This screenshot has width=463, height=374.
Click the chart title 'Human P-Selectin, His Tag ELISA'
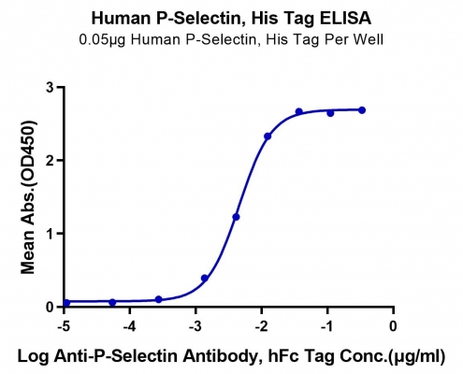[231, 18]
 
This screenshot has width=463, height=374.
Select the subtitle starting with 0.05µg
[231, 39]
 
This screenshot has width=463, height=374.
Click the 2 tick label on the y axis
[50, 160]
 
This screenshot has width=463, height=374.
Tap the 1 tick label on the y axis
[50, 234]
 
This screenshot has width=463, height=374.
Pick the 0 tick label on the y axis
[50, 307]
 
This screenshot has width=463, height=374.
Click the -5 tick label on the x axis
[64, 326]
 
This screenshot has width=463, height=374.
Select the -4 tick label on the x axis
[129, 326]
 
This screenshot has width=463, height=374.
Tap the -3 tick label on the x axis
[195, 326]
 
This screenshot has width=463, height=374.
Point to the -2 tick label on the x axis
[261, 326]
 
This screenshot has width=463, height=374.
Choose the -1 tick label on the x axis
[327, 326]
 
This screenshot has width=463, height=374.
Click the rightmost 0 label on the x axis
[393, 326]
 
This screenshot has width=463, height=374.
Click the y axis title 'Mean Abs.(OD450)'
[28, 197]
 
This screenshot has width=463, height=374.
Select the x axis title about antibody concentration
[231, 356]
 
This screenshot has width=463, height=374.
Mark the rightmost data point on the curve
[362, 110]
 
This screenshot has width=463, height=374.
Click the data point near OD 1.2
[236, 217]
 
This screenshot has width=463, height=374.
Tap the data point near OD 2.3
[268, 137]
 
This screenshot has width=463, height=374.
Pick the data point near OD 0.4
[205, 278]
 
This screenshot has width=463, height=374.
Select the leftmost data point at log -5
[66, 303]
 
